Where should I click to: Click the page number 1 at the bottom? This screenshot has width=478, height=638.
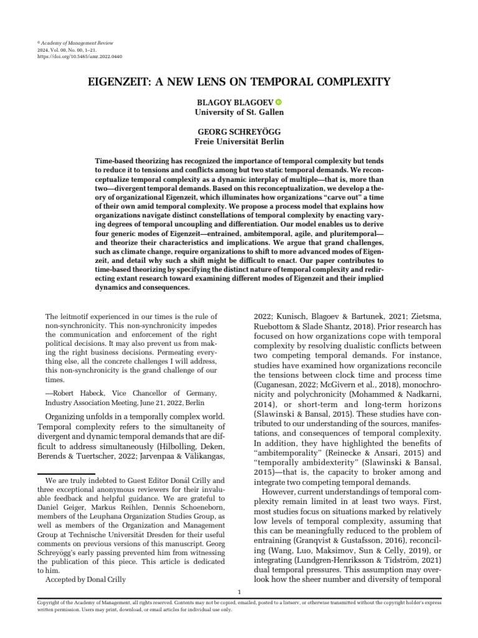pos(240,591)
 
